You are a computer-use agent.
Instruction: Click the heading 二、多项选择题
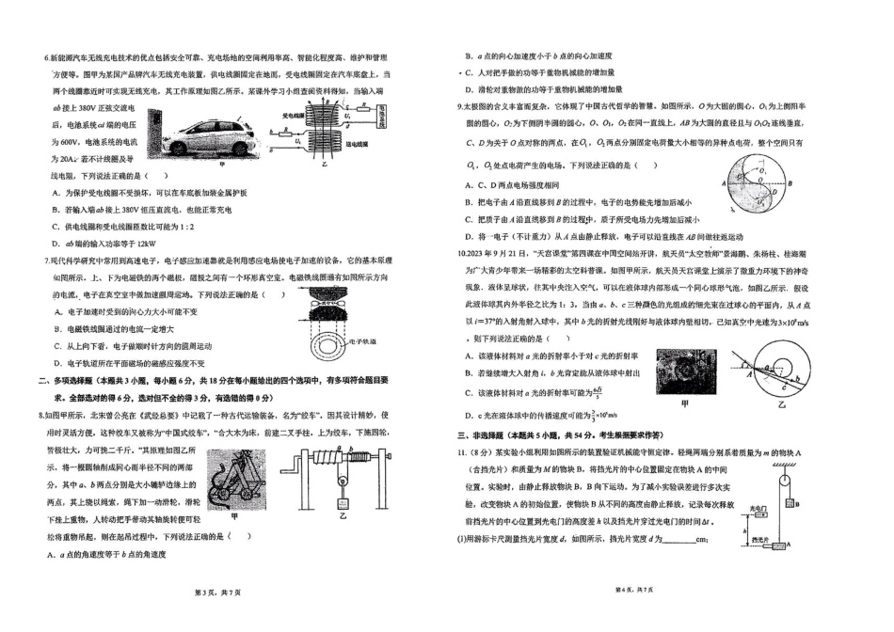point(75,380)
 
